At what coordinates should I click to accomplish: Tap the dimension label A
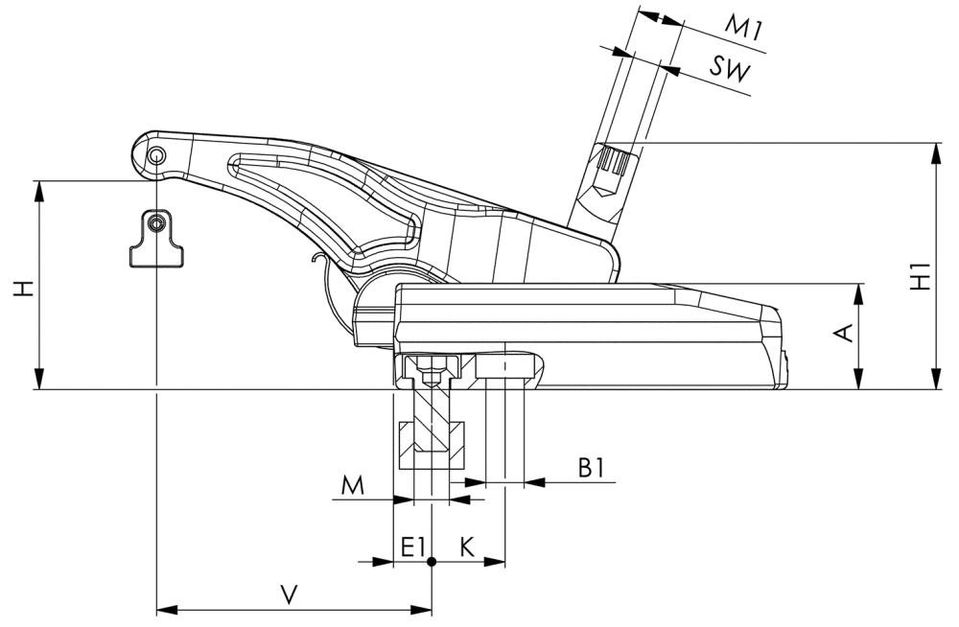point(844,333)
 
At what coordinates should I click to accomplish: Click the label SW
point(730,67)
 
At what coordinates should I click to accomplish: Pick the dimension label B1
point(591,468)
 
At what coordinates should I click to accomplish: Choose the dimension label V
point(289,594)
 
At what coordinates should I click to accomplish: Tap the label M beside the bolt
point(353,486)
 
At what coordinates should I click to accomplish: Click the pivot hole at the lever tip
point(155,155)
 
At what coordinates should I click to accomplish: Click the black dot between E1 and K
point(432,561)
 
